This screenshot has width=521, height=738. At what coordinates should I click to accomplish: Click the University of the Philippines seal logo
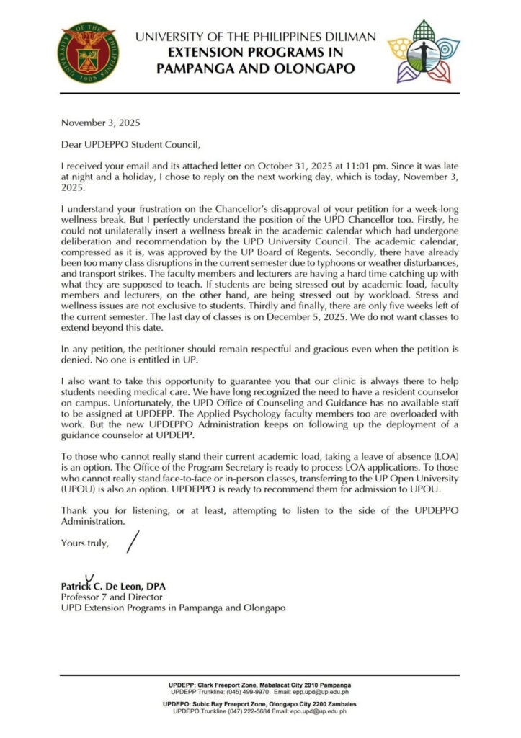tap(89, 52)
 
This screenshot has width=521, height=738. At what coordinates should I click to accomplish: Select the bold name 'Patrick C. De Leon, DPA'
tap(112, 587)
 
